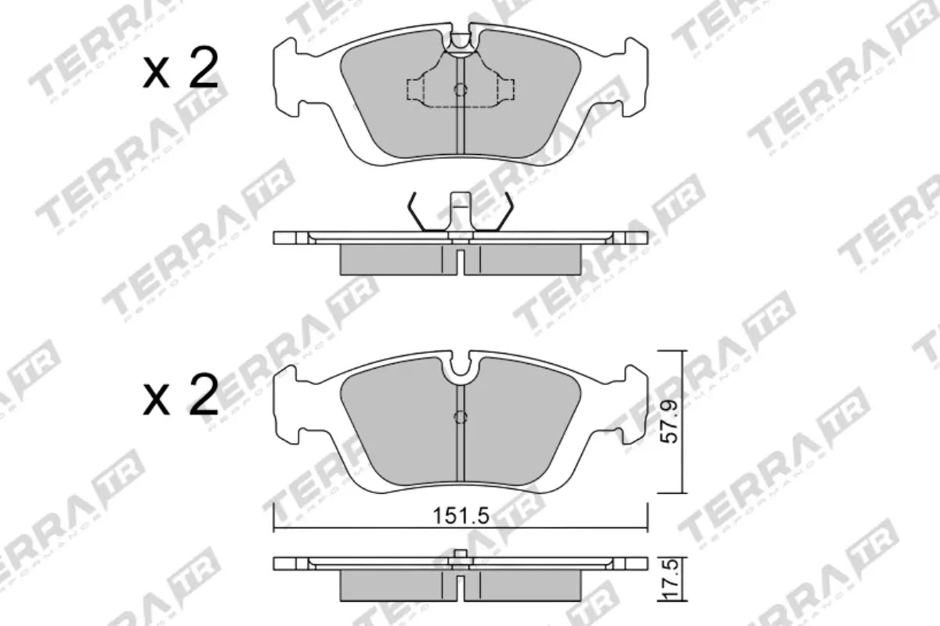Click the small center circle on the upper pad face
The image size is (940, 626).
461,90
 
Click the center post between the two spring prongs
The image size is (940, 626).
461,211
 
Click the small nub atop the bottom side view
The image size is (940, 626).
461,556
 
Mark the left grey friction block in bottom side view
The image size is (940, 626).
396,583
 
